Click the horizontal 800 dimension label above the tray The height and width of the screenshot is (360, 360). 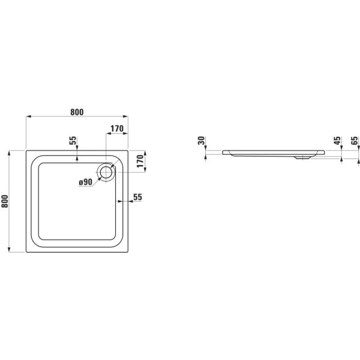click(76, 112)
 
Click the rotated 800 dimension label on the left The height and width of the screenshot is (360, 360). click(5, 202)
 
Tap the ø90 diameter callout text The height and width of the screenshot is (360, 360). click(85, 182)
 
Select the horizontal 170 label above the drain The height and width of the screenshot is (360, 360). click(117, 128)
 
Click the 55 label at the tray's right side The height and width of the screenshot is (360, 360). click(137, 197)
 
